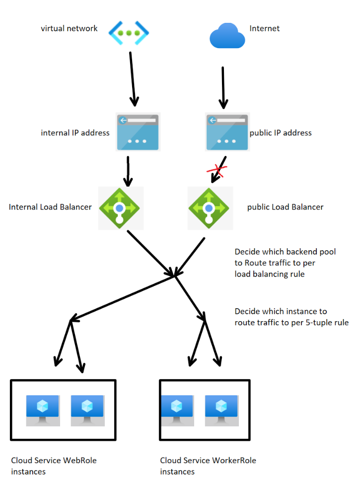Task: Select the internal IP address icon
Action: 138,132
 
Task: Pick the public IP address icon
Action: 226,132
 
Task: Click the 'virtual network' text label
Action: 69,29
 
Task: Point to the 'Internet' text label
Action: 265,29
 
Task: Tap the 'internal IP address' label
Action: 75,133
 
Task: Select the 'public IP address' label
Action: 281,133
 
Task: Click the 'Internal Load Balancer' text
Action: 50,207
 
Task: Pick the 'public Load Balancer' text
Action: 285,207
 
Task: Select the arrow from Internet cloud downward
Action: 223,87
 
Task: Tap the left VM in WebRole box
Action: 43,410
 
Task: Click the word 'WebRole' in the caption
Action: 80,461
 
